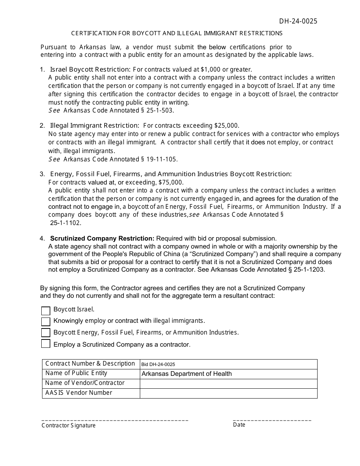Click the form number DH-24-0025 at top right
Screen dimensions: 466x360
[298, 21]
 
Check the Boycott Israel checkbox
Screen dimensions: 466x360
[45, 311]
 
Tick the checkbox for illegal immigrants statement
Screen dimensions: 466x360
[45, 322]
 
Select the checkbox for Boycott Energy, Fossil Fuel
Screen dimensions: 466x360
[45, 333]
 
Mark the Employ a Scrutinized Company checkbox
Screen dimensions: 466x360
[45, 344]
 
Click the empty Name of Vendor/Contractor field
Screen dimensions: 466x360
[228, 383]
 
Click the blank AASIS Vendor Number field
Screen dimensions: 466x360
[228, 393]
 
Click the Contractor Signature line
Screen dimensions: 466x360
[114, 420]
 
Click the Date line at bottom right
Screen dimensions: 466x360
[272, 420]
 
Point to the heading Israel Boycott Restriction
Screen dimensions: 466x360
[90, 69]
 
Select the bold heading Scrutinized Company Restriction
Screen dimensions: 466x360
[102, 238]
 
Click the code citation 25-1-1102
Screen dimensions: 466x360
[66, 223]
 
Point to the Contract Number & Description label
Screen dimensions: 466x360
[90, 364]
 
